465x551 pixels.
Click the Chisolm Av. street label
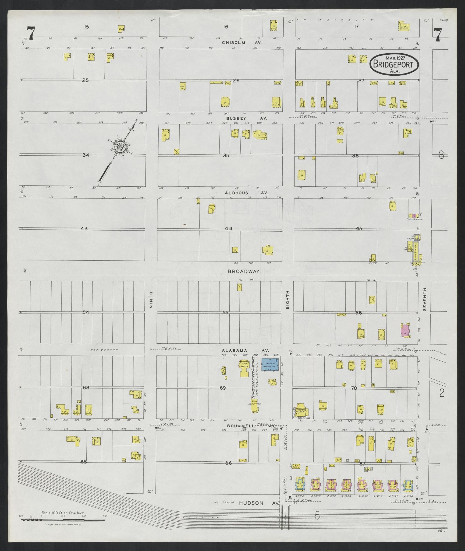(242, 43)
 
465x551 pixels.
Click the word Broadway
(243, 271)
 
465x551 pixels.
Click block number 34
(86, 155)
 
